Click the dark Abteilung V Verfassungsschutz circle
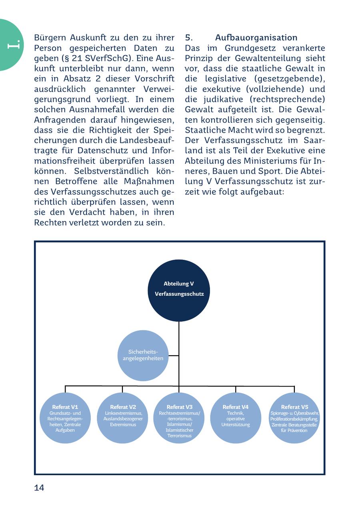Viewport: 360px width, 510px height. (x=179, y=290)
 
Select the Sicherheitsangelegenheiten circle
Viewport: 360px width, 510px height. (x=143, y=355)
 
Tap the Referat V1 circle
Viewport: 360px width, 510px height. (x=65, y=418)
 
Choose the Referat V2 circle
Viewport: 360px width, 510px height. (x=122, y=418)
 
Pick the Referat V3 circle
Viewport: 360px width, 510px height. (x=179, y=418)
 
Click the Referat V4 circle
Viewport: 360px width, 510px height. (x=236, y=418)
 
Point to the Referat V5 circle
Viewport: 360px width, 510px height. (x=294, y=418)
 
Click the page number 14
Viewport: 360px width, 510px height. (x=39, y=488)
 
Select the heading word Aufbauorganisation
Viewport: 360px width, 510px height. (x=256, y=38)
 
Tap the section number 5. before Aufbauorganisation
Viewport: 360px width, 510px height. (x=189, y=38)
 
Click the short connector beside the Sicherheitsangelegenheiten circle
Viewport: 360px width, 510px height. (x=173, y=355)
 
